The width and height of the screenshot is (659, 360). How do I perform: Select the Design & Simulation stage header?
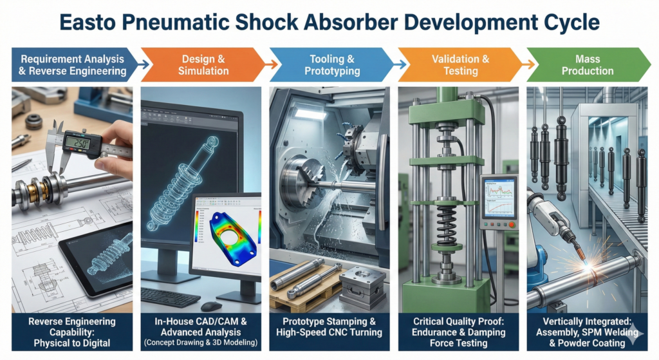click(x=203, y=64)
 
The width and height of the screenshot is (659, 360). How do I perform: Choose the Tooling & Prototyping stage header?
click(x=331, y=64)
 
